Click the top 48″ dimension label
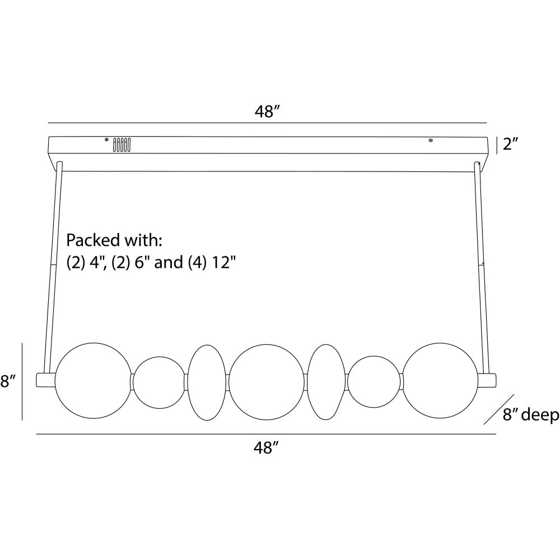267,111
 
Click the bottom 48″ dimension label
267,448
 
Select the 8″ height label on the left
7,382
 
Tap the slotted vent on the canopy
122,145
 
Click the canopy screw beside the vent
106,139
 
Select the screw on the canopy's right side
430,140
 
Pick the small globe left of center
158,382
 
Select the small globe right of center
374,382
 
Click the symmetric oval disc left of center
207,382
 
